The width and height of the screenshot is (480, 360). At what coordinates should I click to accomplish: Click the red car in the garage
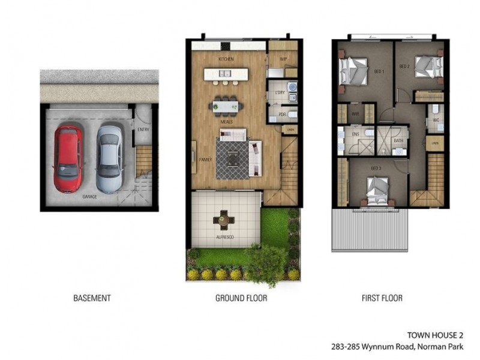point(68,157)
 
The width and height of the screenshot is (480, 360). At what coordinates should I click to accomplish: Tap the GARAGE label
point(91,196)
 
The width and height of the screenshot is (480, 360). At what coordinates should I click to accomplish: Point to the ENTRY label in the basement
point(143,129)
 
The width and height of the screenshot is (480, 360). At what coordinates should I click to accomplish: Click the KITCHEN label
point(226,59)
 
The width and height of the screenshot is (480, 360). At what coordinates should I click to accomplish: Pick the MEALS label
point(226,121)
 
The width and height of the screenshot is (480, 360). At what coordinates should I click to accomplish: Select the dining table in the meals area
point(226,107)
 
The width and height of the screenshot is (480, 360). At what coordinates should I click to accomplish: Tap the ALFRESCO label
point(224,238)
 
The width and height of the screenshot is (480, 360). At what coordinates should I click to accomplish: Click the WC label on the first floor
point(436,119)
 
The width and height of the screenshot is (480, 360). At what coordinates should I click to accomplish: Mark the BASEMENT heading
point(92,298)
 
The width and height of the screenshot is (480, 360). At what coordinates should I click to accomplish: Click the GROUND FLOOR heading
point(241,298)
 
